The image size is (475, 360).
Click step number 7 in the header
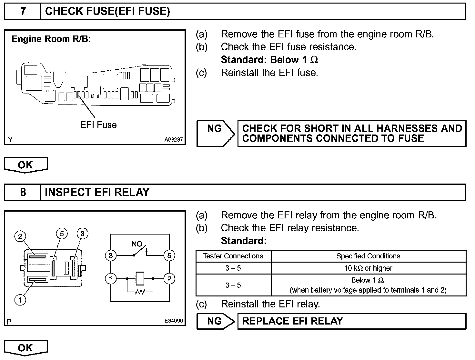23,12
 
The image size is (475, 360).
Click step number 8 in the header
23,192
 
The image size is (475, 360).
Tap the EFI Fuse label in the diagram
98,125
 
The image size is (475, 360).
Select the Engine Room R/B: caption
51,39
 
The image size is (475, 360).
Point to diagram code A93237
173,140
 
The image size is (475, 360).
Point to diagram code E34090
173,321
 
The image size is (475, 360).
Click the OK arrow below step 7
26,165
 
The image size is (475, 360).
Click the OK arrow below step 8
26,348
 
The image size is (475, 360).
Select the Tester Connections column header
233,256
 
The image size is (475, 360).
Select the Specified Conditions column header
368,256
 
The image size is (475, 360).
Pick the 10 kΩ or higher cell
368,268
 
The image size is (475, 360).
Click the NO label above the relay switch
137,244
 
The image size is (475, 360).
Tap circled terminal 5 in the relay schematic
169,256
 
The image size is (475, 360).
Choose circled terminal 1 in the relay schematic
111,278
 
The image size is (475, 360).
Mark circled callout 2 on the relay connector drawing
20,236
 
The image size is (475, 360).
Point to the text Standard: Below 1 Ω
269,60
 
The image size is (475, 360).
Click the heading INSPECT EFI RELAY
97,192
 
